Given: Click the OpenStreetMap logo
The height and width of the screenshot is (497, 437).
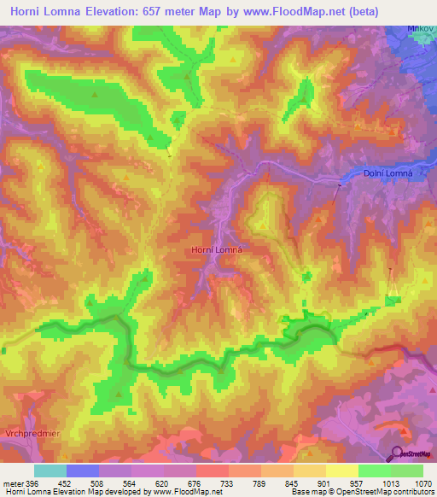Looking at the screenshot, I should pos(412,453).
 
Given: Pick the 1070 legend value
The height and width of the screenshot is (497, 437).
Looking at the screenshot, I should pos(422,482).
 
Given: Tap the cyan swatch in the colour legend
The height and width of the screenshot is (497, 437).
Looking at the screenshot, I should pos(50,471).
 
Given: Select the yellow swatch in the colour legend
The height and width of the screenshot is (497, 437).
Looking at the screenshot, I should pos(342,471).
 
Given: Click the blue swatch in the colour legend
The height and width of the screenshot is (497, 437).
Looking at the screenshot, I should pos(83,471).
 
